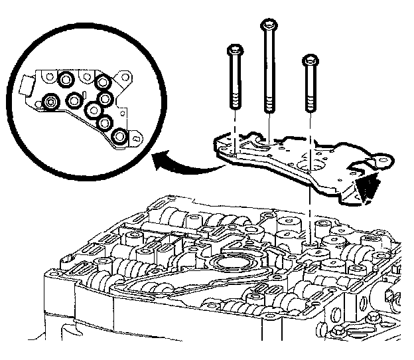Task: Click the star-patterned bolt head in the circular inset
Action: click(x=50, y=102)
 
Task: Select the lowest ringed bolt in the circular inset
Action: click(x=119, y=137)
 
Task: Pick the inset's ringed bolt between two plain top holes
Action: click(x=66, y=80)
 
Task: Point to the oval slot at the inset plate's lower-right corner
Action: click(x=135, y=138)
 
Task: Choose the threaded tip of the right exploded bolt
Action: click(x=310, y=106)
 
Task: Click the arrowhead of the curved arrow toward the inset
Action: click(x=159, y=159)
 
